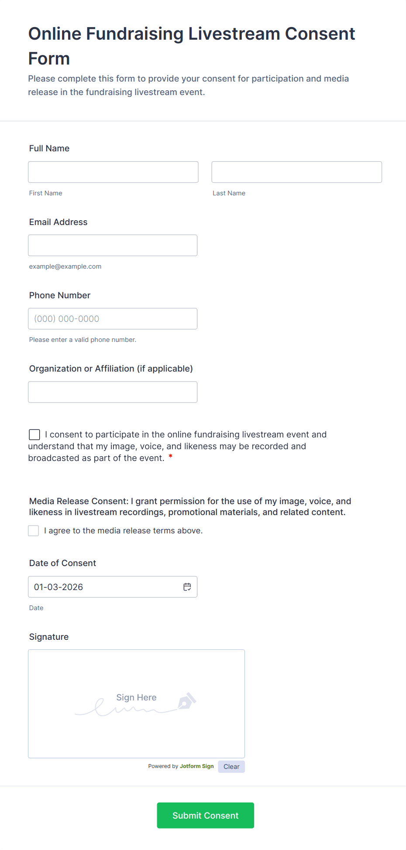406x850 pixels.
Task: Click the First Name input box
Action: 113,172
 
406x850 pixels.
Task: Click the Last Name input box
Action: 296,172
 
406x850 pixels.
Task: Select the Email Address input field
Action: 113,245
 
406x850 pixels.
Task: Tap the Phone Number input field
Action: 113,318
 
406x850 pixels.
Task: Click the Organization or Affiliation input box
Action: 113,392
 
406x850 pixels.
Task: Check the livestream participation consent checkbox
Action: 34,434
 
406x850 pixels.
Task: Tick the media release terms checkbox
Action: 34,530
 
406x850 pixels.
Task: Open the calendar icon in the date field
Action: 187,587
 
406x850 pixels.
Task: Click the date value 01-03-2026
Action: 58,587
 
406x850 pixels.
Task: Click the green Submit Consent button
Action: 205,815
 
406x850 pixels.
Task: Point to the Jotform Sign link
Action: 196,766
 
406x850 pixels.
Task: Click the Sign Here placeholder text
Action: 136,697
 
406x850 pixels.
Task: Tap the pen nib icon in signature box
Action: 187,701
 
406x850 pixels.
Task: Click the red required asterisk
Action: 170,457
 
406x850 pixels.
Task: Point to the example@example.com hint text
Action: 65,266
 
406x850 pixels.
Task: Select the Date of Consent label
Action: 62,563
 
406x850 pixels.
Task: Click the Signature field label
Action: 49,637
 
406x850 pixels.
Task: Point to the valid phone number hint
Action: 83,340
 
